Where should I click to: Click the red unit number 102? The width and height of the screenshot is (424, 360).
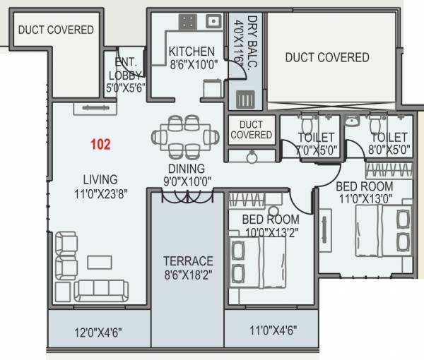point(101,145)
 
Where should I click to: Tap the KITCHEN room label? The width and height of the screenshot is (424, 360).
point(191,52)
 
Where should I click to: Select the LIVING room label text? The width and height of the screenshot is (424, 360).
point(99,179)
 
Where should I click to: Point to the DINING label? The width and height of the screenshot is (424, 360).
point(186,169)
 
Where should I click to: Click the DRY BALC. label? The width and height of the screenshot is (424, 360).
point(243,42)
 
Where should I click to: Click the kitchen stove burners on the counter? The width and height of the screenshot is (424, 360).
point(188,23)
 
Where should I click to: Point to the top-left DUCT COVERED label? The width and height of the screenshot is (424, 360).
point(56,30)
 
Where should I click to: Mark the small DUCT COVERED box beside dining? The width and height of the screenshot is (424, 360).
point(252,129)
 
